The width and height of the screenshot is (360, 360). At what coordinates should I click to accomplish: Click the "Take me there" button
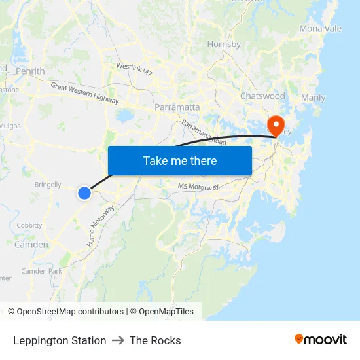180,160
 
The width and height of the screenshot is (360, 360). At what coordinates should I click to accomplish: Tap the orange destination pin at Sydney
276,124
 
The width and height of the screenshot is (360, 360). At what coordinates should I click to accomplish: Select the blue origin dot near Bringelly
84,192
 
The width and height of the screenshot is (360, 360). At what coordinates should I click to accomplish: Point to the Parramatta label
177,107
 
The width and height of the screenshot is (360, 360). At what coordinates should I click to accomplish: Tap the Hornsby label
224,45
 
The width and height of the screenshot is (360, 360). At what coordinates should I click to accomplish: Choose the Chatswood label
262,96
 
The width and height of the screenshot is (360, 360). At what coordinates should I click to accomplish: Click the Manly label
313,98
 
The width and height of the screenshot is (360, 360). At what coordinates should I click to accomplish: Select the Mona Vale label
320,29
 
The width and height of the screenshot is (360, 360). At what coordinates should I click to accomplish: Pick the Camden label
31,245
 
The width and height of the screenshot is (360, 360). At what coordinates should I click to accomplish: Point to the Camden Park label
41,271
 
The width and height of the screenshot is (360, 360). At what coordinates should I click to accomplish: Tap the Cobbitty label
29,225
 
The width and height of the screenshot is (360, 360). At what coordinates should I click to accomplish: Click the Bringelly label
48,185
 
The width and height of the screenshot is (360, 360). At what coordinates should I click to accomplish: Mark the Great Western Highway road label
85,93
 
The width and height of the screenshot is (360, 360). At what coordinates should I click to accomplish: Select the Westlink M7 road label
135,69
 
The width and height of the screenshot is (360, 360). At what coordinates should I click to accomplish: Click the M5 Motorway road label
198,187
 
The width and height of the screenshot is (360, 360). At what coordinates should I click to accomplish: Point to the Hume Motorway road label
101,226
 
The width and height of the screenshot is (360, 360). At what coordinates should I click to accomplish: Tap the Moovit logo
321,340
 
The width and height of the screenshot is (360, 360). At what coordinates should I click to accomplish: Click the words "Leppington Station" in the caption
60,340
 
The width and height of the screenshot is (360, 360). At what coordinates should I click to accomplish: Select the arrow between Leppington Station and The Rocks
118,340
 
